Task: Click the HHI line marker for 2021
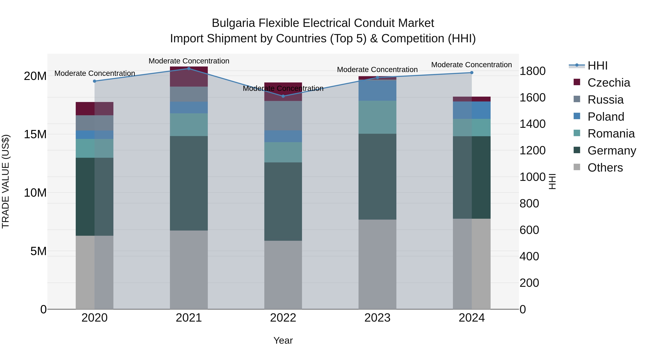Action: pos(189,69)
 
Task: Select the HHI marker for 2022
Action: pos(283,96)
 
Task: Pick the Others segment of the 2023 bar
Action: pos(377,264)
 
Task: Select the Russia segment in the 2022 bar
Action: pos(283,116)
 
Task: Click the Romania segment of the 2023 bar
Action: pos(377,117)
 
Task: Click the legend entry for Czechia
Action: pos(608,83)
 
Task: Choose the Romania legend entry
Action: pos(611,134)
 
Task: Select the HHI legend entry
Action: pos(597,66)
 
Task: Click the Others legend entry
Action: pos(605,168)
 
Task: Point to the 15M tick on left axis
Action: pos(35,134)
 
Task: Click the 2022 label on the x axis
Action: pos(283,318)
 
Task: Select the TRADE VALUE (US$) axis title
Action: pos(6,181)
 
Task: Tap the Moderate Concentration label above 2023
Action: pos(377,70)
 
